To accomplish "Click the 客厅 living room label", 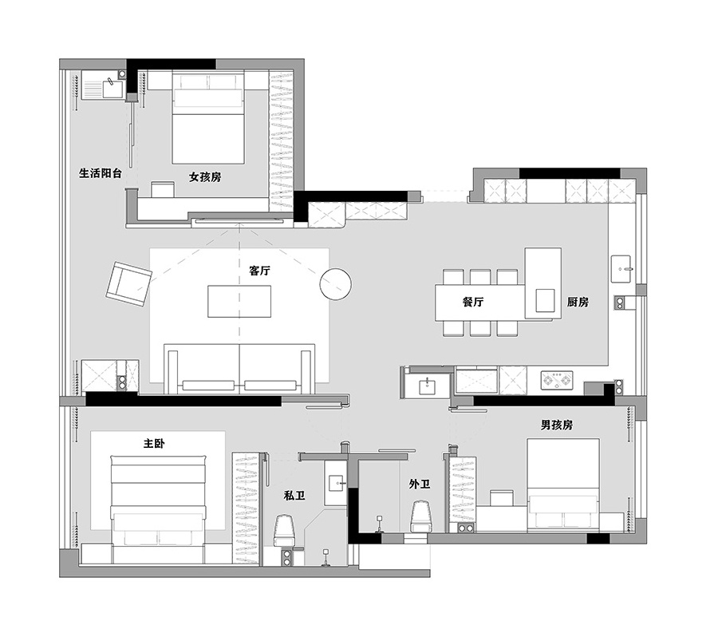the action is click(260, 271).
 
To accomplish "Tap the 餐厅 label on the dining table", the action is click(473, 302).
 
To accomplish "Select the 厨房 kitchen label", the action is click(578, 302).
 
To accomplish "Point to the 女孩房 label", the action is click(205, 177).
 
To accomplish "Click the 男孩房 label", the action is click(557, 425).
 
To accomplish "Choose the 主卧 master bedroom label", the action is click(154, 444).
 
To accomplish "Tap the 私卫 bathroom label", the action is click(294, 496).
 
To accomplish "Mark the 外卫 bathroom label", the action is click(420, 485).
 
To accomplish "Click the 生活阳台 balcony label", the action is click(101, 173).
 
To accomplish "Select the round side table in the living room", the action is click(335, 284).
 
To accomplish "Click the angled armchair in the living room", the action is click(129, 284).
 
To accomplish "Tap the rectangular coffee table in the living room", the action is click(239, 302).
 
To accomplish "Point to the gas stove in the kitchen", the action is click(557, 380).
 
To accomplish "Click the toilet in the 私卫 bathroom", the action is click(284, 531).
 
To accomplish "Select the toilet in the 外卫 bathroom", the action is click(421, 516).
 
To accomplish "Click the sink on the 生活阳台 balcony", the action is click(113, 89).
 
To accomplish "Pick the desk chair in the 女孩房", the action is click(163, 189).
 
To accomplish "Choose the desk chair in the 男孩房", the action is click(501, 498).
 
